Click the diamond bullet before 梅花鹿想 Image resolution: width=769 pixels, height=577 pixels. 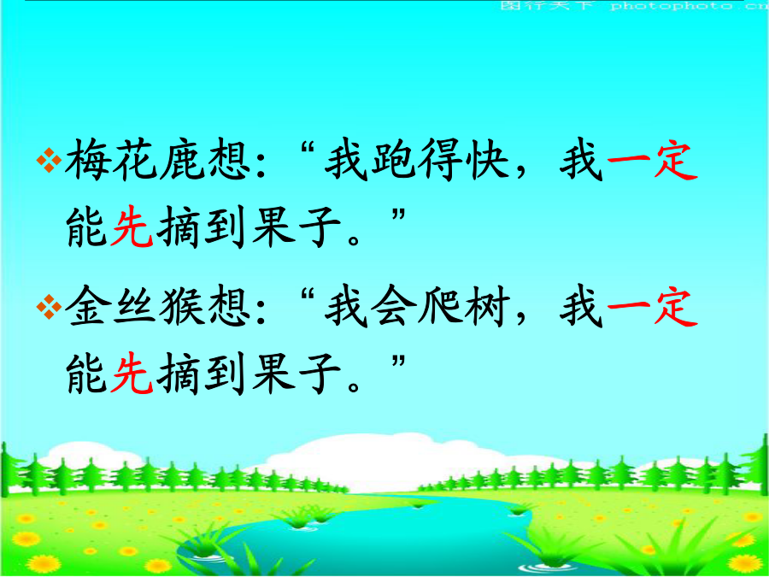click(x=49, y=161)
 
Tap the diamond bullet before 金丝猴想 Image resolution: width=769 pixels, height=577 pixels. click(x=49, y=308)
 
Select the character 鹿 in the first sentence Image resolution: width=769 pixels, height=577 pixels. click(x=180, y=161)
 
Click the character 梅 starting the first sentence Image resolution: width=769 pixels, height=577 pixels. click(x=87, y=161)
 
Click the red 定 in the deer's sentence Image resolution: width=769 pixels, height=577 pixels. click(x=675, y=161)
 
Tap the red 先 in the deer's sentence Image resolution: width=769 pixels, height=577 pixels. click(x=132, y=228)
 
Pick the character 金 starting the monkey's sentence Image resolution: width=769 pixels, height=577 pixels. click(x=87, y=308)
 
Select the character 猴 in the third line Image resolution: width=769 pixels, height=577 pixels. click(x=180, y=308)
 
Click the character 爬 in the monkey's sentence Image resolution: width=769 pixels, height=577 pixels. click(x=438, y=308)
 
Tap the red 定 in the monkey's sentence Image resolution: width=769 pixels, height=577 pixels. click(x=675, y=308)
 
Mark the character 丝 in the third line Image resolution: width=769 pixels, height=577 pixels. click(x=133, y=308)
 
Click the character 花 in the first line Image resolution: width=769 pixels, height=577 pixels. click(x=133, y=161)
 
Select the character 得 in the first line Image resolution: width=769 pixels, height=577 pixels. click(x=438, y=161)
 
